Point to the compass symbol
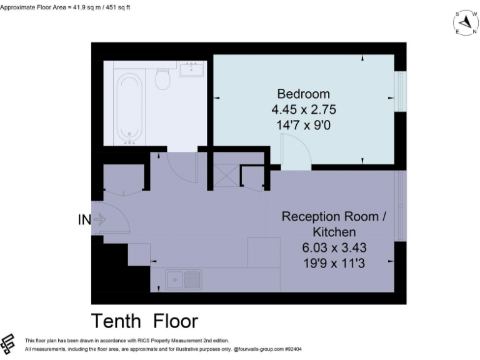click(465, 23)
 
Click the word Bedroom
click(303, 94)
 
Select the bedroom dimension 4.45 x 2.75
click(303, 109)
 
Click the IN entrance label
click(83, 219)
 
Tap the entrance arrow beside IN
click(99, 219)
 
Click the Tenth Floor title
click(144, 321)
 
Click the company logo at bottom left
click(9, 343)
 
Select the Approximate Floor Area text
click(66, 7)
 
